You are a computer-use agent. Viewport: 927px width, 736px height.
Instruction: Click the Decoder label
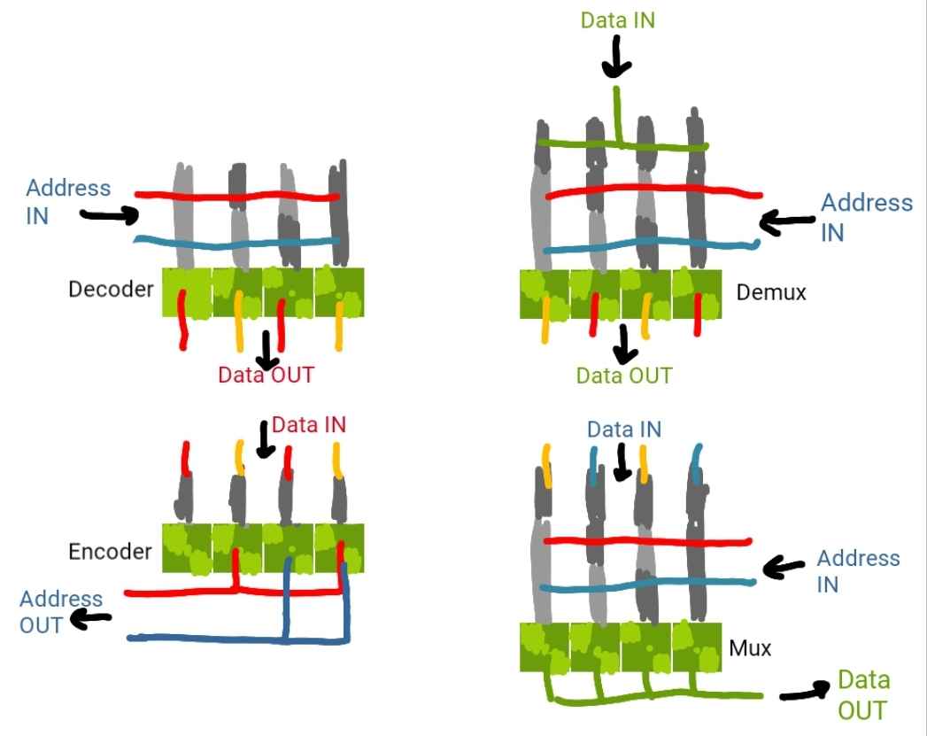coord(111,289)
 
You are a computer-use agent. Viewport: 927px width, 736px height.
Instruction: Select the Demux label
coord(771,291)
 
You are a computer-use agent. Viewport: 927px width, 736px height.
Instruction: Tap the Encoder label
coord(110,551)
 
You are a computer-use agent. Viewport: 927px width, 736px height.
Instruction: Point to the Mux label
coord(750,647)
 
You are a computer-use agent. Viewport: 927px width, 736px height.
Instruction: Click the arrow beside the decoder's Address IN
coord(109,213)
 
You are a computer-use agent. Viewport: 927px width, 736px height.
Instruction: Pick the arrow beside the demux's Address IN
coord(788,222)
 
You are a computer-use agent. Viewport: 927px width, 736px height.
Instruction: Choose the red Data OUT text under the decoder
coord(266,374)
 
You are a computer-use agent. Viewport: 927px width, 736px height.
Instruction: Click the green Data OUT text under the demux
coord(623,375)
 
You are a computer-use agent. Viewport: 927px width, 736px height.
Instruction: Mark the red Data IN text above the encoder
coord(308,425)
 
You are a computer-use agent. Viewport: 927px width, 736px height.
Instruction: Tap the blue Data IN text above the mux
coord(623,430)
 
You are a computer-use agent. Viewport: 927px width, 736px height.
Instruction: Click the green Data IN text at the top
coord(618,19)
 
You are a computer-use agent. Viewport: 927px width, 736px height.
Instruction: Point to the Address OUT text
coord(61,611)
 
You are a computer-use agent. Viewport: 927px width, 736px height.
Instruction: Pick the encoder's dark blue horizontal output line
coord(221,638)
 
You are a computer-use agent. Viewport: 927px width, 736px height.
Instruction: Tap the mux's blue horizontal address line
coord(646,585)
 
